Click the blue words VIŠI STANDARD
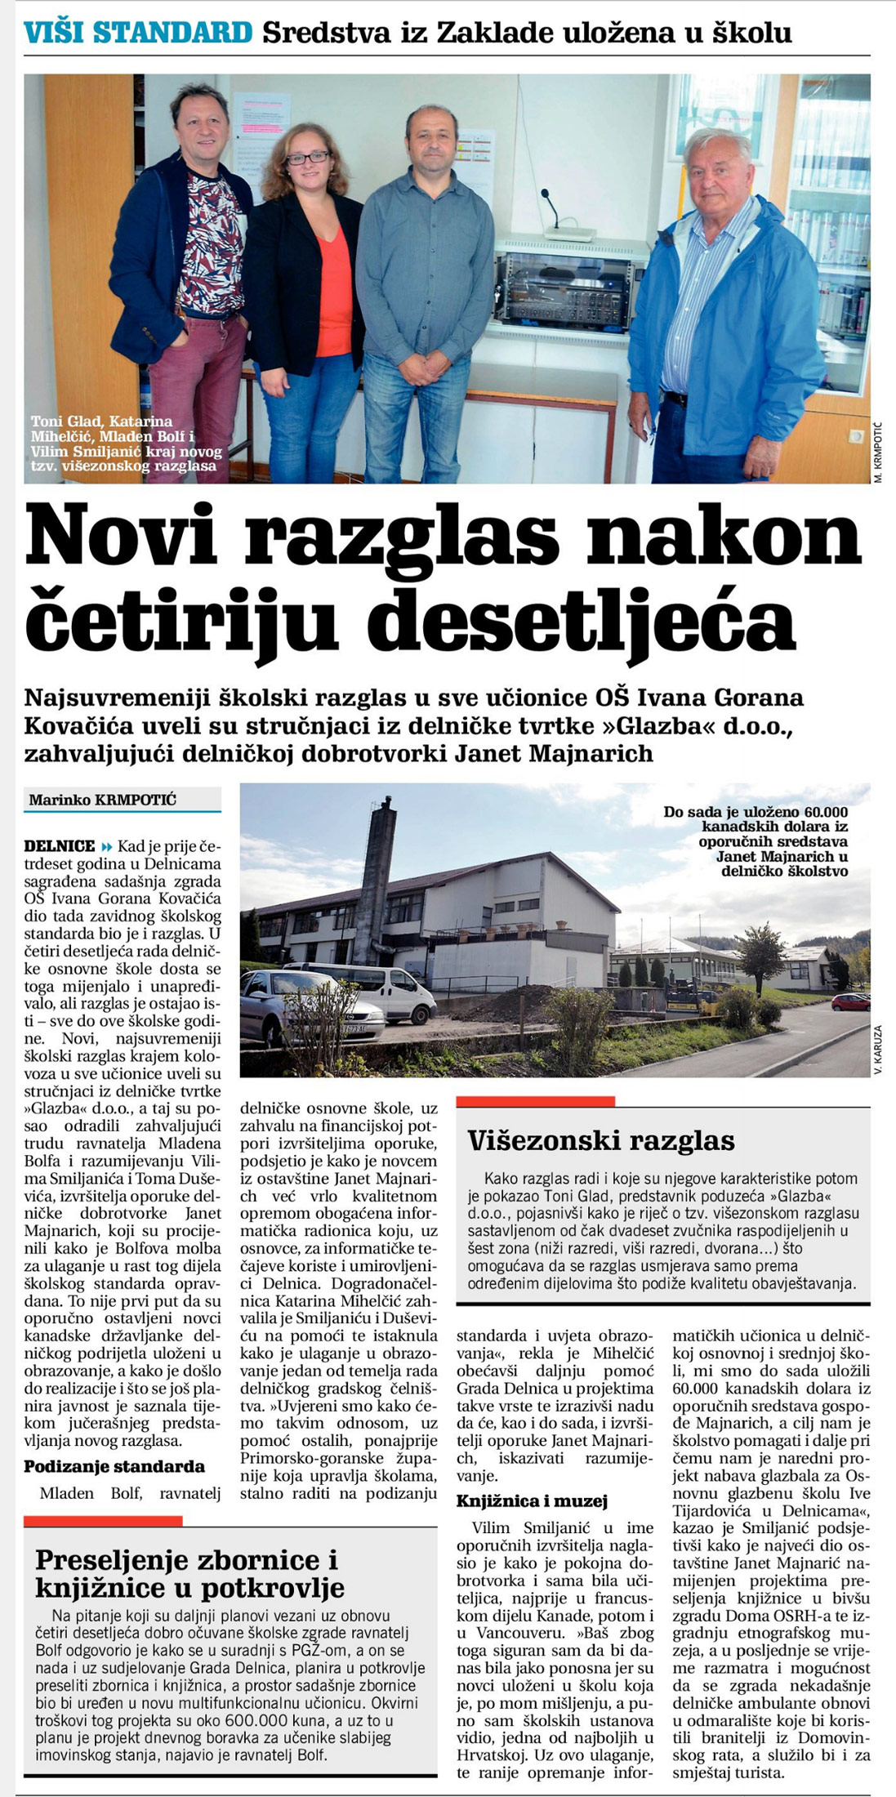coord(138,33)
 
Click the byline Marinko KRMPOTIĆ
coord(103,800)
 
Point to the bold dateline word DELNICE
coord(60,846)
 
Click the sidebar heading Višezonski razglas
coord(601,1140)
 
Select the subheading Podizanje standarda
coord(114,1466)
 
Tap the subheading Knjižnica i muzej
coord(532,1500)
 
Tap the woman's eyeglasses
coord(308,158)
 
